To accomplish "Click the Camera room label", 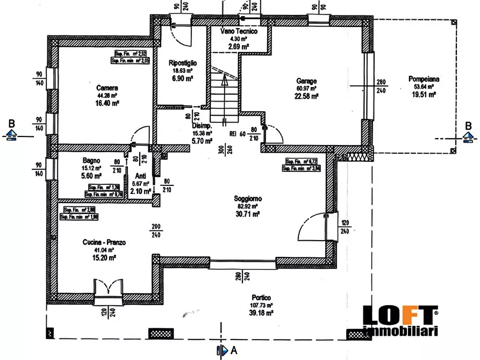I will coord(107,88).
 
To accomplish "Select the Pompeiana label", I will coord(424,79).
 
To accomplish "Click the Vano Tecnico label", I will coord(239,32).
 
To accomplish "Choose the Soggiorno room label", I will coord(247,198).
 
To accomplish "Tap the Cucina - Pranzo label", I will coord(105,243).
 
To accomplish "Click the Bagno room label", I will coord(92,160).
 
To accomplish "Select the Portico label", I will coord(260,297).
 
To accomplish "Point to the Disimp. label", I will coord(202,126).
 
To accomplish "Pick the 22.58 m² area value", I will coord(307,96).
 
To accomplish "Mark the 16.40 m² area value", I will coord(107,103).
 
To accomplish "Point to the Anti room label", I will coord(140,176).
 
